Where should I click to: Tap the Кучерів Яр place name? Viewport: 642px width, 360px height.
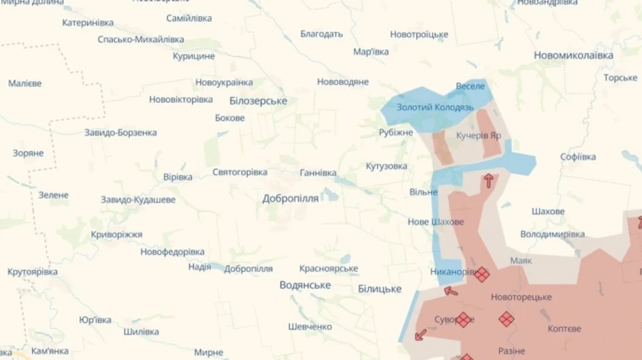coord(478,134)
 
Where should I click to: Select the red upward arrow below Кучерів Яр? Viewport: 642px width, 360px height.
coord(489,180)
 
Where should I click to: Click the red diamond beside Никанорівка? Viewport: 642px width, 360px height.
coord(482,274)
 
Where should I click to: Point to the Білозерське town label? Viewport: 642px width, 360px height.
coord(258,101)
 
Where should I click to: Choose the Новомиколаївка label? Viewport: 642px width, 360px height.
coord(574,55)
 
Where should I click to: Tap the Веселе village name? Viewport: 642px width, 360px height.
coord(470,86)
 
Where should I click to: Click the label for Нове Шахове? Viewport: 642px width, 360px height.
coord(436,222)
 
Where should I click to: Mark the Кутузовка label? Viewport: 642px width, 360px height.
coord(387,166)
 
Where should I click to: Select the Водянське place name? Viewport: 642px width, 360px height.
coord(305,285)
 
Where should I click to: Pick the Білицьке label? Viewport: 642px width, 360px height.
coord(379,289)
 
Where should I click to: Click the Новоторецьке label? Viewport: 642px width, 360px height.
coord(521,297)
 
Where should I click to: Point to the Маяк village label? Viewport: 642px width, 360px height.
coord(521,261)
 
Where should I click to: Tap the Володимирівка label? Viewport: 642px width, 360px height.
coord(552,234)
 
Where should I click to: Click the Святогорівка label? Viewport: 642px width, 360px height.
coord(240,173)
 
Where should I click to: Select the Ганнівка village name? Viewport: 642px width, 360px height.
coord(317,173)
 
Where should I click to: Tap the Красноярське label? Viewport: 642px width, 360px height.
coord(328,269)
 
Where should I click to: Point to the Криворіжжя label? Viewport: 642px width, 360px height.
coord(116,235)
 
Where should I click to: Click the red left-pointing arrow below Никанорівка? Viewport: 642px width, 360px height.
coord(451,290)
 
